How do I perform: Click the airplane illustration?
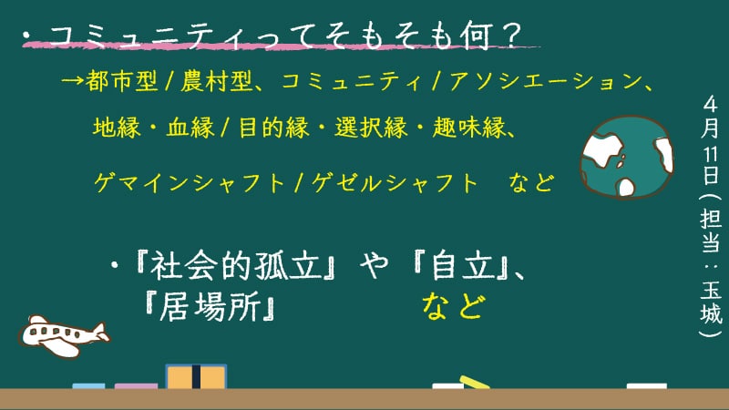point(63,336)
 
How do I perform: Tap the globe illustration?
point(626,157)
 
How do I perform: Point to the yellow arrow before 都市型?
point(72,81)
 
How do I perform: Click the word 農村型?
point(216,81)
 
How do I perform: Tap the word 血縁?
point(190,128)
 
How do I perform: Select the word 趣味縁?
point(468,128)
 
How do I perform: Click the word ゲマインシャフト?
point(190,183)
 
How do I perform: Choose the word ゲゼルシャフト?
point(395,183)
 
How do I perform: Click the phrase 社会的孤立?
point(236,266)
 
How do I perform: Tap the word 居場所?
point(210,307)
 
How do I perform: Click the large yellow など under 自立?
point(453,307)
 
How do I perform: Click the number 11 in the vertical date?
point(711,155)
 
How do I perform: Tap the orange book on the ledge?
point(196,376)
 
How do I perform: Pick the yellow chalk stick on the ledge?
point(474,382)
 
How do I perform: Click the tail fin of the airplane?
point(99,331)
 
